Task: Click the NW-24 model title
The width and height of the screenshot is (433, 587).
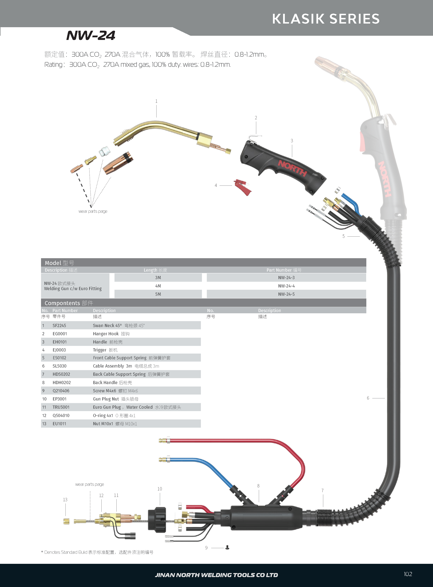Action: point(91,35)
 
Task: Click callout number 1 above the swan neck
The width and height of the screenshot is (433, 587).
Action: point(157,101)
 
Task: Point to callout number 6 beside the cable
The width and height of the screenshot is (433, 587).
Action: point(368,398)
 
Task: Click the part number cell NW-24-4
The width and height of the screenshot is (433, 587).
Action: point(286,286)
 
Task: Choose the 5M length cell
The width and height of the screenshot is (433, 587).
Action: point(158,294)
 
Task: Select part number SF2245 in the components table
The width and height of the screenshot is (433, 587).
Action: point(59,325)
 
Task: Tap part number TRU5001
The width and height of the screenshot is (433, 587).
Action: point(61,407)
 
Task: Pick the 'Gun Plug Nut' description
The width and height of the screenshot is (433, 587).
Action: point(106,399)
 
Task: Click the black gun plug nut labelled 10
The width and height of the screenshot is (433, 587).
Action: point(157,520)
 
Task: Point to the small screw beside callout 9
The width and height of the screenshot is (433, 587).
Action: point(227,547)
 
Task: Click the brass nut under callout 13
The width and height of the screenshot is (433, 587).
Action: point(66,521)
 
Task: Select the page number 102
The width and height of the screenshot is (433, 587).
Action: point(408,574)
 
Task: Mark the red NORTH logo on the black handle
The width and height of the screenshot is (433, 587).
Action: point(292,168)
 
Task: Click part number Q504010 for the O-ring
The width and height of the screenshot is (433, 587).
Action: point(61,415)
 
